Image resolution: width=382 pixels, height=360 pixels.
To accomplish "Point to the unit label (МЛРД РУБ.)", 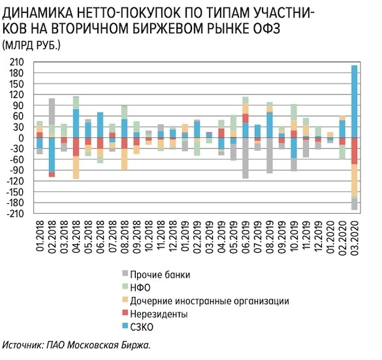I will pyautogui.click(x=32, y=45).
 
